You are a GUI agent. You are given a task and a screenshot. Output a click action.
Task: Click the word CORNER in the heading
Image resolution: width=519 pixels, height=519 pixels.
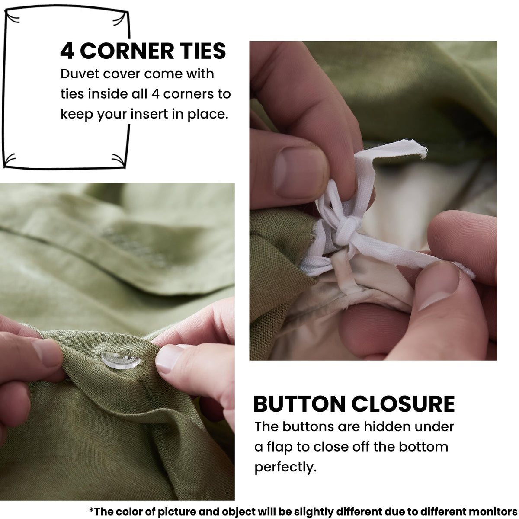click(x=127, y=51)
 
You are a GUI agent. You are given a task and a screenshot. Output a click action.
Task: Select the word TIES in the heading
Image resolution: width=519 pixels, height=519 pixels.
click(x=203, y=51)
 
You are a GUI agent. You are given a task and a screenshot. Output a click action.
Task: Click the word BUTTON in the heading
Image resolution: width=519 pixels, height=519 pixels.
click(x=299, y=404)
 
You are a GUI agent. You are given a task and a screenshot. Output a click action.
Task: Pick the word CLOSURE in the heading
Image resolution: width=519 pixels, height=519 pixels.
click(x=403, y=404)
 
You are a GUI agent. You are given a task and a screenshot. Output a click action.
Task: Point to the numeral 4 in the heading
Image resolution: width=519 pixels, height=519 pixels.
click(x=67, y=51)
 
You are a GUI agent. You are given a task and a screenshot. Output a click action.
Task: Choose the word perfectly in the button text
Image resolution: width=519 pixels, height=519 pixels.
click(x=285, y=467)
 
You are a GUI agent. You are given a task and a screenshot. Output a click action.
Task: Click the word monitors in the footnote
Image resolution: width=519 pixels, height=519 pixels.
click(x=493, y=511)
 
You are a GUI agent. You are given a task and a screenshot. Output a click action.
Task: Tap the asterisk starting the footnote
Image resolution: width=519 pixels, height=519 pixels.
click(x=91, y=509)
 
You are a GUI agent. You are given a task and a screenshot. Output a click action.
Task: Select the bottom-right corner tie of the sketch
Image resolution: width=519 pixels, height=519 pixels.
click(x=119, y=160)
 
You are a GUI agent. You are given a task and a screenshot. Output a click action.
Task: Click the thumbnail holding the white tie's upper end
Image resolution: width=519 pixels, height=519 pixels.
click(x=299, y=173)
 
